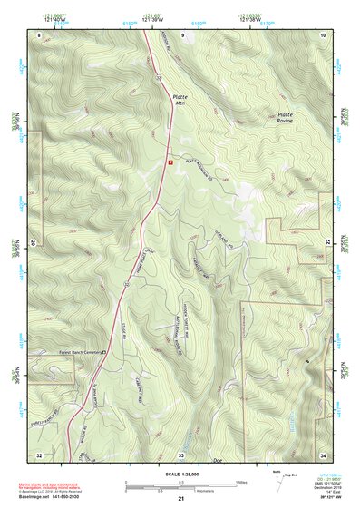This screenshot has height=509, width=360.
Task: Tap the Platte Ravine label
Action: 287,119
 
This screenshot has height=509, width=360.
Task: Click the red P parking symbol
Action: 169,162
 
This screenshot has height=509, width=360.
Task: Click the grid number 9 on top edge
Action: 182,34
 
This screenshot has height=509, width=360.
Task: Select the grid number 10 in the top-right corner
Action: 323,34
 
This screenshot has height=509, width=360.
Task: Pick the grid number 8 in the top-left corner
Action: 40,34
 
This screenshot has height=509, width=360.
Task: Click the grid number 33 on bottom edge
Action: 180,454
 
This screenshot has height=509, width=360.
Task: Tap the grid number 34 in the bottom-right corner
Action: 323,454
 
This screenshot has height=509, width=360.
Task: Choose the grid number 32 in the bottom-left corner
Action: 40,454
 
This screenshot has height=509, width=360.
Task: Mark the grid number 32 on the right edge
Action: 328,243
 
